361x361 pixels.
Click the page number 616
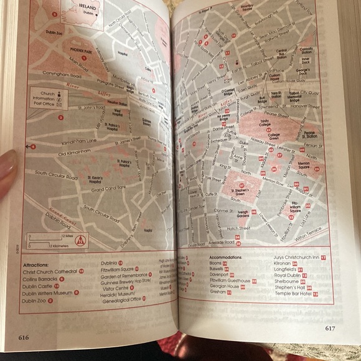[24, 337]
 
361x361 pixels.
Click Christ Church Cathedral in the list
[50, 272]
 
